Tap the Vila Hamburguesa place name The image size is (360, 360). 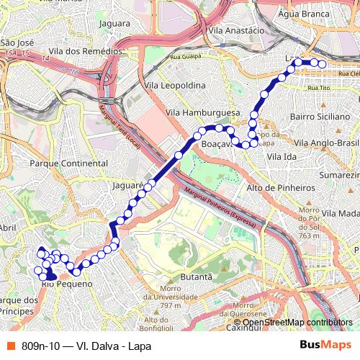coord(202,113)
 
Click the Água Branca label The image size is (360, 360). coord(302,13)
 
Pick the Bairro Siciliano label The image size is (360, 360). coord(319,115)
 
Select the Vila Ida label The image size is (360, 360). coord(281,156)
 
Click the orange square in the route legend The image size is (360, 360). coord(10,345)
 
